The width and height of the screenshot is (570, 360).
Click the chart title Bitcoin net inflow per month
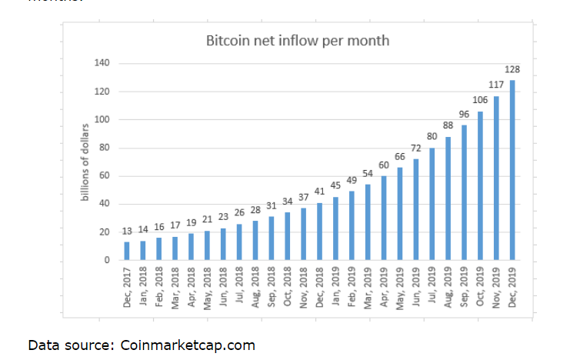(x=298, y=40)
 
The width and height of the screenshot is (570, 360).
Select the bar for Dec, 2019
(x=512, y=170)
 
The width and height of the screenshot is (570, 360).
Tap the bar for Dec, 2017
(x=127, y=251)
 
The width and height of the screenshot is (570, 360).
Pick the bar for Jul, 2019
(x=432, y=204)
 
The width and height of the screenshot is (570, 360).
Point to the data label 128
(x=513, y=70)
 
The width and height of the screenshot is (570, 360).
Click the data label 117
(x=497, y=85)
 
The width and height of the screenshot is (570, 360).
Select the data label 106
(x=480, y=101)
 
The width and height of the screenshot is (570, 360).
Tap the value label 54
(x=368, y=174)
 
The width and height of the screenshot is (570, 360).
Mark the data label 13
(x=127, y=231)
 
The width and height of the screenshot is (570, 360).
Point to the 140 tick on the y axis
(x=102, y=63)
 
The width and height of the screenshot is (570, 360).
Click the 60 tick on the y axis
(x=104, y=176)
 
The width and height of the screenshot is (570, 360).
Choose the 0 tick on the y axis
(x=107, y=260)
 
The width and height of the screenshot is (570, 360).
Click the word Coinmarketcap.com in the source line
(x=188, y=345)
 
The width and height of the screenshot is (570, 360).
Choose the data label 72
(x=415, y=148)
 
